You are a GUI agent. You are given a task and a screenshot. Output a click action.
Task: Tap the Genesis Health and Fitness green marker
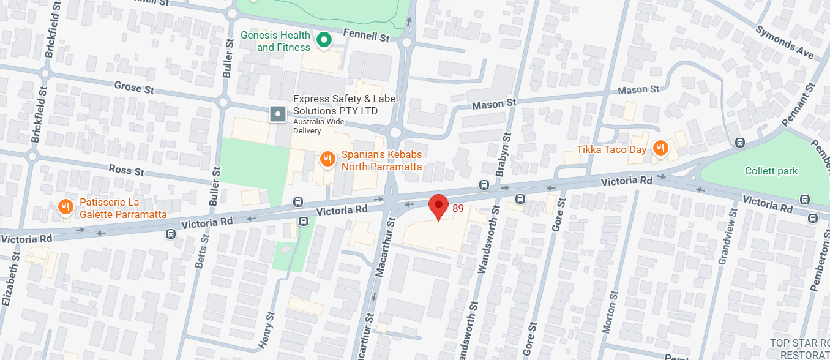pyautogui.click(x=323, y=41)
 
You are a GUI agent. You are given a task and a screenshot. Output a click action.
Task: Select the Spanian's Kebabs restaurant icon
pyautogui.click(x=327, y=160)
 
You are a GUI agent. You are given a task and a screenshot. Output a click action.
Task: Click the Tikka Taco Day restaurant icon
pyautogui.click(x=660, y=148)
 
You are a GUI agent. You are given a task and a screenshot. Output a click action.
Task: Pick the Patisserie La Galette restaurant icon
pyautogui.click(x=65, y=208)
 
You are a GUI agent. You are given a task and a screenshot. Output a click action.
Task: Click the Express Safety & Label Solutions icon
pyautogui.click(x=279, y=113)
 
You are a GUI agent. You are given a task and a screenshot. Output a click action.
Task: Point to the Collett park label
pyautogui.click(x=771, y=171)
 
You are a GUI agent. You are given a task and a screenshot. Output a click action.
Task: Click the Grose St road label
pyautogui.click(x=134, y=88)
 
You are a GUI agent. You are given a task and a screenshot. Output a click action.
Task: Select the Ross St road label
pyautogui.click(x=125, y=170)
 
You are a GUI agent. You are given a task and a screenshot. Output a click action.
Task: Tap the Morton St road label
pyautogui.click(x=608, y=312)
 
